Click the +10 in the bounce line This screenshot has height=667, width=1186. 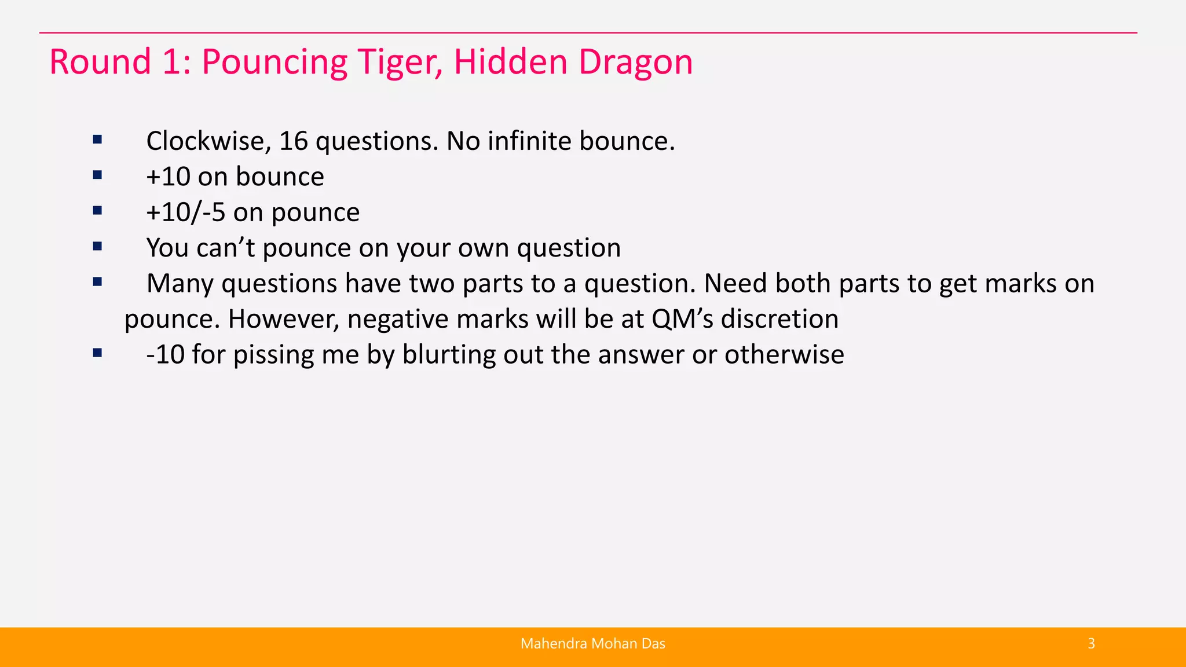coord(168,177)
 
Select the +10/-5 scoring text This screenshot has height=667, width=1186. coord(185,212)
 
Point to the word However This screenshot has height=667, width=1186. coord(283,320)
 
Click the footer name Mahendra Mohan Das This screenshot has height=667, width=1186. coord(592,644)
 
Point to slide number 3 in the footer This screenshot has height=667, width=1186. coord(1091,644)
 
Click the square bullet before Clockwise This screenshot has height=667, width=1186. coord(97,140)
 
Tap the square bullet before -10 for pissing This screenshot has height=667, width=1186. coord(97,353)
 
